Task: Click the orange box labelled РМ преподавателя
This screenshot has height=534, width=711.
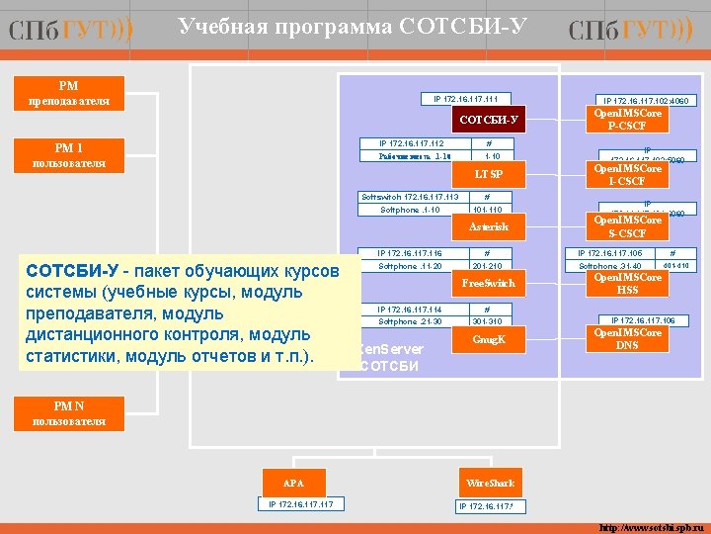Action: [69, 93]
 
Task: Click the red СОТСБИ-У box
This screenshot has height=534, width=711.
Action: [488, 121]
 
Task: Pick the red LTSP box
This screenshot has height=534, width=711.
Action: [488, 175]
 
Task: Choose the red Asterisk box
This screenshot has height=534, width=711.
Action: [488, 227]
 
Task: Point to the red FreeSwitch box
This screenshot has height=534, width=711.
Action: [488, 284]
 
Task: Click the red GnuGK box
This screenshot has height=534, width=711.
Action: [488, 339]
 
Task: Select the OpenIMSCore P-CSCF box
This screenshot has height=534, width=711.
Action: [627, 120]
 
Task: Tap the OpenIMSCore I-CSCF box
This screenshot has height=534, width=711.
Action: [627, 175]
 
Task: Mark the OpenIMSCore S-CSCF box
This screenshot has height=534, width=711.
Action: [627, 227]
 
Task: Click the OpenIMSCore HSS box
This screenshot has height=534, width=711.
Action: [627, 284]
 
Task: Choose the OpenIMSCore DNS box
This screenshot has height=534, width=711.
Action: [627, 339]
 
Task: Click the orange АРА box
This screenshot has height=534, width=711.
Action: [293, 484]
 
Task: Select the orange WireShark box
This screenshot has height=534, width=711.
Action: [490, 484]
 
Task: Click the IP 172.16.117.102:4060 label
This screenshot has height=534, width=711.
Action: [647, 100]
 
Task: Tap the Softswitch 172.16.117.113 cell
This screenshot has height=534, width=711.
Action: [410, 197]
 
